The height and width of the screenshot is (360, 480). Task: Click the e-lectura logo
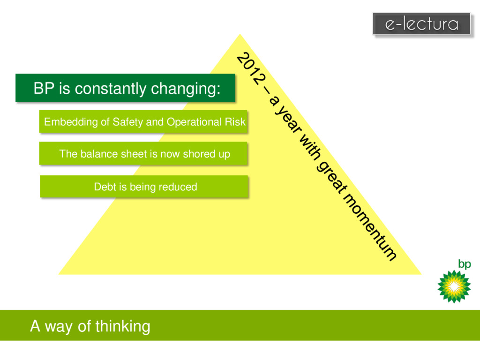click(x=421, y=23)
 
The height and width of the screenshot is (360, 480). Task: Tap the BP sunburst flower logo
click(x=453, y=286)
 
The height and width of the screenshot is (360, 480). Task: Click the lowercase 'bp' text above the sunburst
click(x=464, y=264)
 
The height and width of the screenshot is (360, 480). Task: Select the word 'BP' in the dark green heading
click(x=44, y=88)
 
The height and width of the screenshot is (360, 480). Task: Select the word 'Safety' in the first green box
click(x=128, y=122)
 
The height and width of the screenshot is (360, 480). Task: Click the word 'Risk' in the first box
click(x=235, y=122)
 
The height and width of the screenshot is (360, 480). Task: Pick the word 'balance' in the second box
click(x=97, y=154)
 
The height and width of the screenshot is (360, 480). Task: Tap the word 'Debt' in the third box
click(x=105, y=187)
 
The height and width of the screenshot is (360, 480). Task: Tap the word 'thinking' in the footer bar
click(x=123, y=326)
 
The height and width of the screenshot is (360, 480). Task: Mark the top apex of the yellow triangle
click(x=240, y=34)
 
